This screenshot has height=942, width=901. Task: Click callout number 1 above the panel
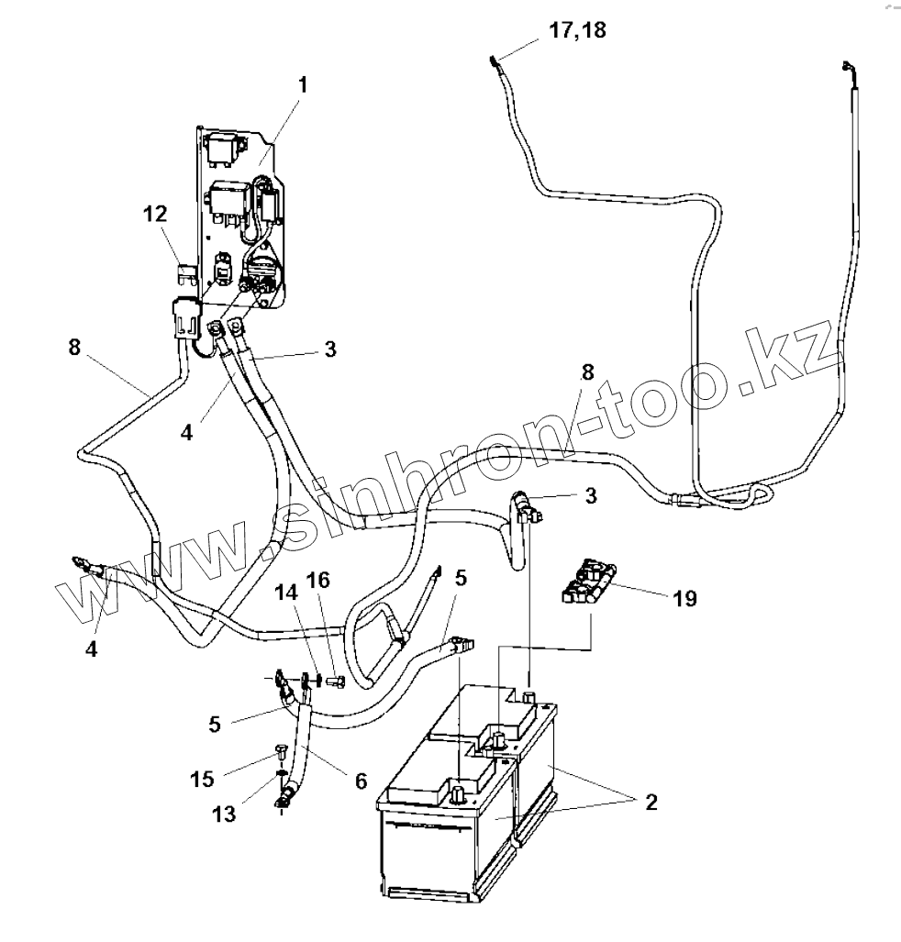(x=302, y=86)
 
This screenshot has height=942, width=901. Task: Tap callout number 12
(x=155, y=214)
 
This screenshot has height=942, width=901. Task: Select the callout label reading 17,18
(x=578, y=29)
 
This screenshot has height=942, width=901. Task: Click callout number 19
(x=684, y=599)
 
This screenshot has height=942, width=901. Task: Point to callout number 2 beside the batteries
(x=651, y=803)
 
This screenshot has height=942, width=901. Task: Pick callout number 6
(x=360, y=781)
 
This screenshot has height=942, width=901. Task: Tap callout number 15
(x=203, y=779)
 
